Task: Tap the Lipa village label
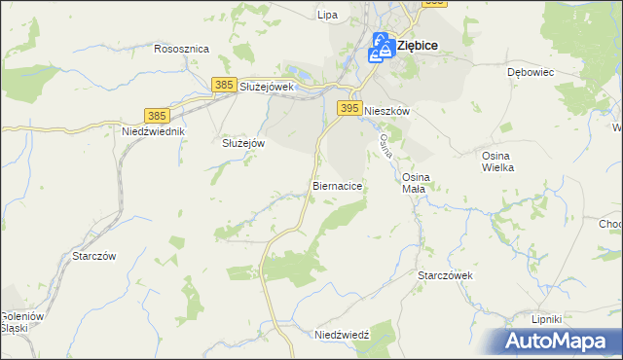tap(327, 15)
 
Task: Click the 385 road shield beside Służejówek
tap(224, 86)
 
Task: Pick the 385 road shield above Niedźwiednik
tap(158, 115)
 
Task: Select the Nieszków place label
tap(386, 112)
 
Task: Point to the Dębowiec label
tap(531, 72)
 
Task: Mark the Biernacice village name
tap(338, 184)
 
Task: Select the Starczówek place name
tap(445, 275)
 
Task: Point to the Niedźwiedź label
tap(343, 334)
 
